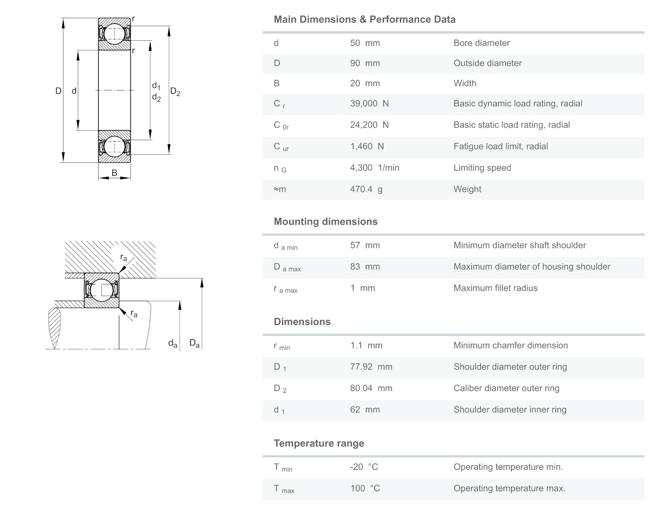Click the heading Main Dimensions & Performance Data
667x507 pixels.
click(364, 19)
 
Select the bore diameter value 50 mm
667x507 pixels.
click(364, 43)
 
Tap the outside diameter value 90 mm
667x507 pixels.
click(364, 63)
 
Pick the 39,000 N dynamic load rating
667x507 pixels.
click(369, 103)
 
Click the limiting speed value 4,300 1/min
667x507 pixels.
click(374, 168)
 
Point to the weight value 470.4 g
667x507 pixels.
click(366, 189)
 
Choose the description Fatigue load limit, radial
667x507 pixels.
click(500, 146)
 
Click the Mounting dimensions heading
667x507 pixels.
click(325, 222)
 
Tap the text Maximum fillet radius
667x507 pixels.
click(495, 288)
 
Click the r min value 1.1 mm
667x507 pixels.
click(366, 345)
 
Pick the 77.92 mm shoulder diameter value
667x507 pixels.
click(371, 367)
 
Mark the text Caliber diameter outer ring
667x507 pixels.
click(506, 388)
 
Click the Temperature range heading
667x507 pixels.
click(319, 443)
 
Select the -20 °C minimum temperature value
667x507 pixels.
click(364, 467)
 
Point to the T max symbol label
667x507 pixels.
click(284, 489)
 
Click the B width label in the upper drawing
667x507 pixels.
click(114, 172)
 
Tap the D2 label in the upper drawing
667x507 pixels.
click(175, 92)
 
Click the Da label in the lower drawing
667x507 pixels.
click(194, 344)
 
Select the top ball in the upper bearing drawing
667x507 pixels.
click(114, 34)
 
